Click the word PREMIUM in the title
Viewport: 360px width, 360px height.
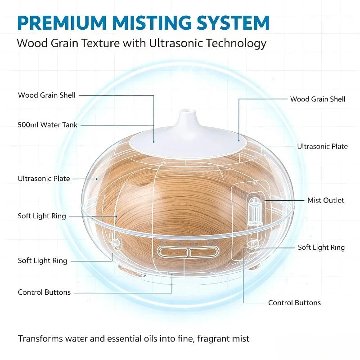[x=62, y=23]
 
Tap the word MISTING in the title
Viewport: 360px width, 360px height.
[x=152, y=23]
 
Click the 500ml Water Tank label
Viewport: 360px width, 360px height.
[x=48, y=125]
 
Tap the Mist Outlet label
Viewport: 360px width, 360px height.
[x=325, y=200]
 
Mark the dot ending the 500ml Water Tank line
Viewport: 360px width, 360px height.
[x=153, y=142]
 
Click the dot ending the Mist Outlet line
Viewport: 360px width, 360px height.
[x=265, y=200]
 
